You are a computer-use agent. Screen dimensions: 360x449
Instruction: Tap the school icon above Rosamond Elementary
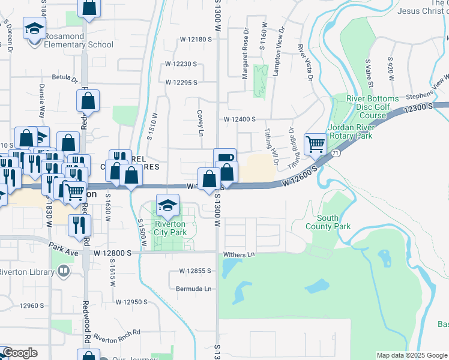pyautogui.click(x=34, y=28)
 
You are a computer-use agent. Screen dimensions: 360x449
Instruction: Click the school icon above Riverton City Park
pyautogui.click(x=167, y=205)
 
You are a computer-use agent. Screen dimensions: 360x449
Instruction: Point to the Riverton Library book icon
pyautogui.click(x=63, y=271)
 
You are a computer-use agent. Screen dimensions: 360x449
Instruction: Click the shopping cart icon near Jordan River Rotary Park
pyautogui.click(x=315, y=144)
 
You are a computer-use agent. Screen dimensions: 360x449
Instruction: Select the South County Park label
pyautogui.click(x=333, y=222)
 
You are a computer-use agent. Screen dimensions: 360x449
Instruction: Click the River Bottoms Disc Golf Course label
pyautogui.click(x=372, y=107)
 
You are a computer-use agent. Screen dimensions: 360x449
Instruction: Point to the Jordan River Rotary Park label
pyautogui.click(x=352, y=131)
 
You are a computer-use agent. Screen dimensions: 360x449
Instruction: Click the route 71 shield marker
pyautogui.click(x=339, y=154)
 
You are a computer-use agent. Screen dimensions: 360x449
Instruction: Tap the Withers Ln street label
pyautogui.click(x=240, y=255)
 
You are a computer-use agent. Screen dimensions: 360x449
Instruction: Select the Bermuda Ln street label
pyautogui.click(x=194, y=289)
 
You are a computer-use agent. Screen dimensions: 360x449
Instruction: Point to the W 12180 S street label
pyautogui.click(x=197, y=40)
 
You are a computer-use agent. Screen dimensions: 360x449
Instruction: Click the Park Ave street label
pyautogui.click(x=64, y=247)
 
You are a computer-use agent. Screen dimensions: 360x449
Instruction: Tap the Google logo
pyautogui.click(x=19, y=353)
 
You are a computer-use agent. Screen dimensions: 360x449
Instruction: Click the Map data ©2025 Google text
pyautogui.click(x=411, y=355)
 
